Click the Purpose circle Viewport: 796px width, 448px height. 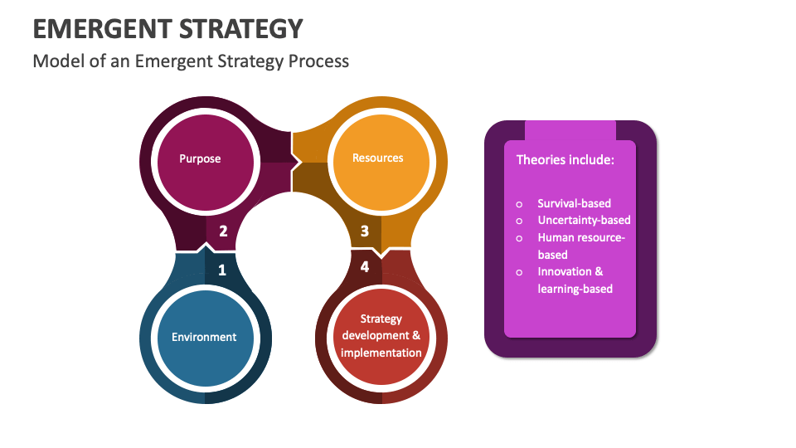200,158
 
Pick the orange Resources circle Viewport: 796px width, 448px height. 378,158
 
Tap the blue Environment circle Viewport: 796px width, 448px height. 204,337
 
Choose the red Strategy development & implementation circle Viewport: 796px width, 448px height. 381,336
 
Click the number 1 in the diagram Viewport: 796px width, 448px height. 221,270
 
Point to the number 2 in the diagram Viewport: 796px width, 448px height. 223,231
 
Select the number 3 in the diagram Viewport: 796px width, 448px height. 364,231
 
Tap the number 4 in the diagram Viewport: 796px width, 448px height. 365,267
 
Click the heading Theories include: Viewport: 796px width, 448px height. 565,159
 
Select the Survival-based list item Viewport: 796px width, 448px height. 574,203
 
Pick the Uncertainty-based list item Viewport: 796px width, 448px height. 584,220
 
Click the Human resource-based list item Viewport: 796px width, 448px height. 580,246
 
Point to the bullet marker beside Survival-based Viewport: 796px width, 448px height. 520,203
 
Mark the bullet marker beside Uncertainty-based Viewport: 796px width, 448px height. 520,221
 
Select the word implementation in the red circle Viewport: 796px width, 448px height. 381,353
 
